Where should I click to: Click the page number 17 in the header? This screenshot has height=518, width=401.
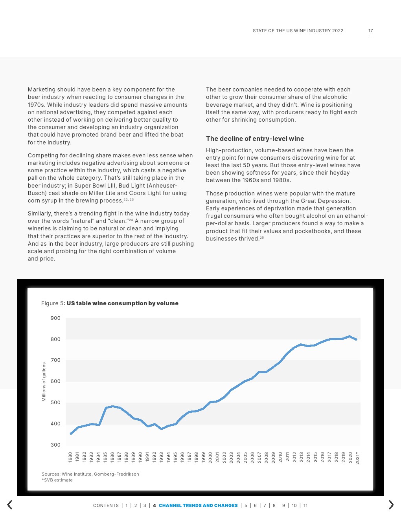point(370,31)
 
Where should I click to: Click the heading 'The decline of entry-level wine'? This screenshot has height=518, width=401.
point(255,139)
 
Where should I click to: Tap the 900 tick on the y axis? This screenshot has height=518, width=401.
point(55,318)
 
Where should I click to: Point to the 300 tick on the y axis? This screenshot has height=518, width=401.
point(55,445)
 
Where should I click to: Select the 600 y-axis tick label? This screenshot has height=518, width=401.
point(55,381)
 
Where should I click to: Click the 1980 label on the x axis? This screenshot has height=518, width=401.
point(70,457)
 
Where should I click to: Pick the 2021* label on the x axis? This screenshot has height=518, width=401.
point(357,458)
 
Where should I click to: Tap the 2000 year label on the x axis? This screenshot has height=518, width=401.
point(210,457)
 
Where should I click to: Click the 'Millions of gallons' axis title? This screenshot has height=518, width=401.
point(44,382)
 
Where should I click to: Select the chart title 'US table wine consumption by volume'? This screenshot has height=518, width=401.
point(122,303)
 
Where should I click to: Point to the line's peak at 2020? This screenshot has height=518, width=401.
point(349,336)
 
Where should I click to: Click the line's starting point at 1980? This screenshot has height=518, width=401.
point(71,434)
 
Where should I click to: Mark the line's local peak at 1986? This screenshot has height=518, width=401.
point(112,407)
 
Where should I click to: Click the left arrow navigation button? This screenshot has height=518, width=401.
point(10,505)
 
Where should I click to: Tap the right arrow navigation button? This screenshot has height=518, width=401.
point(391,505)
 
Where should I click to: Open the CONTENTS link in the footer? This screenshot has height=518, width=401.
point(106,505)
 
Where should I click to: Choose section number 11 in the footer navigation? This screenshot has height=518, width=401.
point(305,505)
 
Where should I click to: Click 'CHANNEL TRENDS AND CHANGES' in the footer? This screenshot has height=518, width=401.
point(198,505)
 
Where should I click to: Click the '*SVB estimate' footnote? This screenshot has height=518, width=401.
point(57,480)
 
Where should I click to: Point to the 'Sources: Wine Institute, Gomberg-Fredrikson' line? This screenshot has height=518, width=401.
point(90,474)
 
